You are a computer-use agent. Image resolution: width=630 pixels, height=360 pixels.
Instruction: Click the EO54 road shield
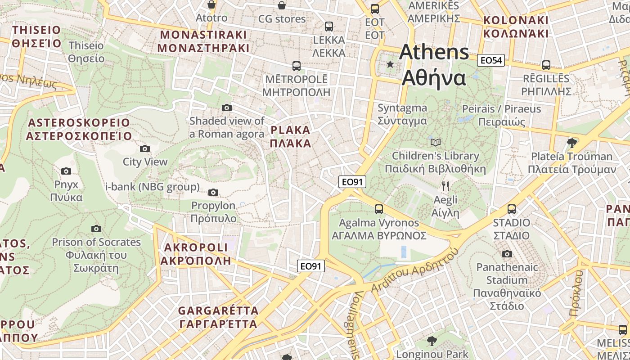click(x=491, y=60)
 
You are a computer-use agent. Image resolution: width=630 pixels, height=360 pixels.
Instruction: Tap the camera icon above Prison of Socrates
click(x=96, y=229)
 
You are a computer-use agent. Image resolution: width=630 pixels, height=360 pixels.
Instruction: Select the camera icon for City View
click(x=145, y=148)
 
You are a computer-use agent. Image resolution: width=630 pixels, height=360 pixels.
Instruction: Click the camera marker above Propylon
click(x=213, y=193)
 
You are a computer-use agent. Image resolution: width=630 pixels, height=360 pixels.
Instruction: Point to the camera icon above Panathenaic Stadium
click(x=507, y=254)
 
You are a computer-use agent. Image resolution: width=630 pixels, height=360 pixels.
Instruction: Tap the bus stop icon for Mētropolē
click(x=296, y=66)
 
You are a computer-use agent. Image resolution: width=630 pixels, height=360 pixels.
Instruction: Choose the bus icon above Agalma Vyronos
click(x=378, y=209)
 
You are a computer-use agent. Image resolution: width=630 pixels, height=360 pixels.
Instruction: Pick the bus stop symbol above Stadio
click(x=512, y=209)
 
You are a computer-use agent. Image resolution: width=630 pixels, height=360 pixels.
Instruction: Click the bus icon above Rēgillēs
click(x=546, y=65)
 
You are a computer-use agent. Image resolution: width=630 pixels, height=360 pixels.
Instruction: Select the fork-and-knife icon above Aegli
click(x=445, y=186)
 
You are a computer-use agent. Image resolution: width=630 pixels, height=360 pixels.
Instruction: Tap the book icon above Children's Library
click(x=435, y=143)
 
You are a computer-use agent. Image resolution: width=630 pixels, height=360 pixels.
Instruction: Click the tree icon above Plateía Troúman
click(x=572, y=143)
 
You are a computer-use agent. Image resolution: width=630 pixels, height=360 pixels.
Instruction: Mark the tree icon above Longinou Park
click(x=432, y=341)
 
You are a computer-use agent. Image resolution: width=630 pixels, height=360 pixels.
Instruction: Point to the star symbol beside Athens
click(x=390, y=65)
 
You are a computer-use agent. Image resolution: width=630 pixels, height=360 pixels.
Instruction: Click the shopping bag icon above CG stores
click(x=282, y=5)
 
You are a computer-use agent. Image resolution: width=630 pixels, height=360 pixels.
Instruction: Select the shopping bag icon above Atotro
click(x=211, y=4)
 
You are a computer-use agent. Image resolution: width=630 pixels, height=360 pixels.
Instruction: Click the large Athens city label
click(x=434, y=65)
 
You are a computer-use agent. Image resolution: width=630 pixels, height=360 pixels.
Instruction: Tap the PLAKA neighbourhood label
click(x=291, y=137)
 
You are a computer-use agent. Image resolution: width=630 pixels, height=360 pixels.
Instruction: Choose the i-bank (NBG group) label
click(x=153, y=187)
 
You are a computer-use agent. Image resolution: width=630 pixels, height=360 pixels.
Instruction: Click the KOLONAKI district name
click(x=516, y=27)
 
